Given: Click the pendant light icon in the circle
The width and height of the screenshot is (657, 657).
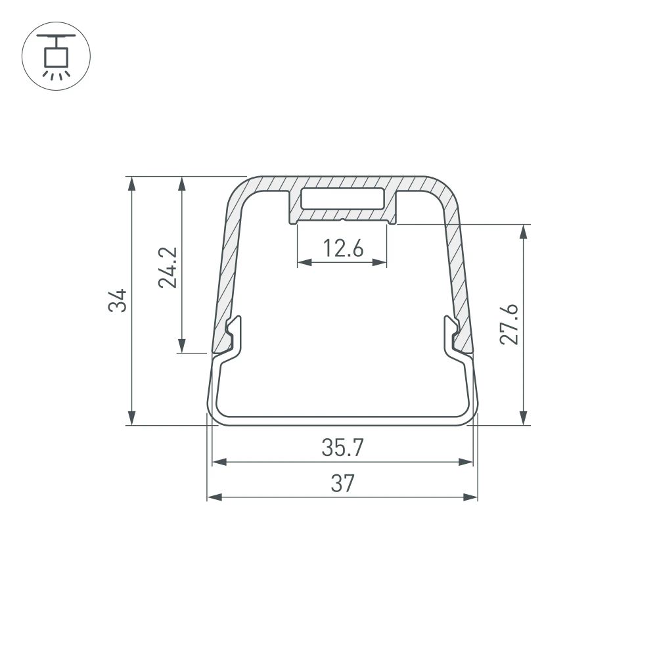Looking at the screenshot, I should tap(57, 56).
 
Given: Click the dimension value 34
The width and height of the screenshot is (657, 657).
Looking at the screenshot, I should tap(118, 300).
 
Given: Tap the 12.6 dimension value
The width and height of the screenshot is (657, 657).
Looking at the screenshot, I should tap(342, 248).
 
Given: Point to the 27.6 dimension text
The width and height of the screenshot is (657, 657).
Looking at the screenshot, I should tap(509, 324).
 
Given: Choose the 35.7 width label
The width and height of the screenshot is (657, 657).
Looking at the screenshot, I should tap(342, 449).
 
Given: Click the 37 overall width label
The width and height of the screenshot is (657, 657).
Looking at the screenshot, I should tap(342, 484).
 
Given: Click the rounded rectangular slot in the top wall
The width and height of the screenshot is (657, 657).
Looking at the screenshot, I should tap(342, 198).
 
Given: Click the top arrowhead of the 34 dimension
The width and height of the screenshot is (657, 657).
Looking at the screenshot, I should tap(132, 183).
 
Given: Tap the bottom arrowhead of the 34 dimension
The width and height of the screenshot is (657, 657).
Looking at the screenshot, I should tap(132, 419).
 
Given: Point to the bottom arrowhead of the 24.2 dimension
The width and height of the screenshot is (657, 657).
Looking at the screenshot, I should tap(182, 346).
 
